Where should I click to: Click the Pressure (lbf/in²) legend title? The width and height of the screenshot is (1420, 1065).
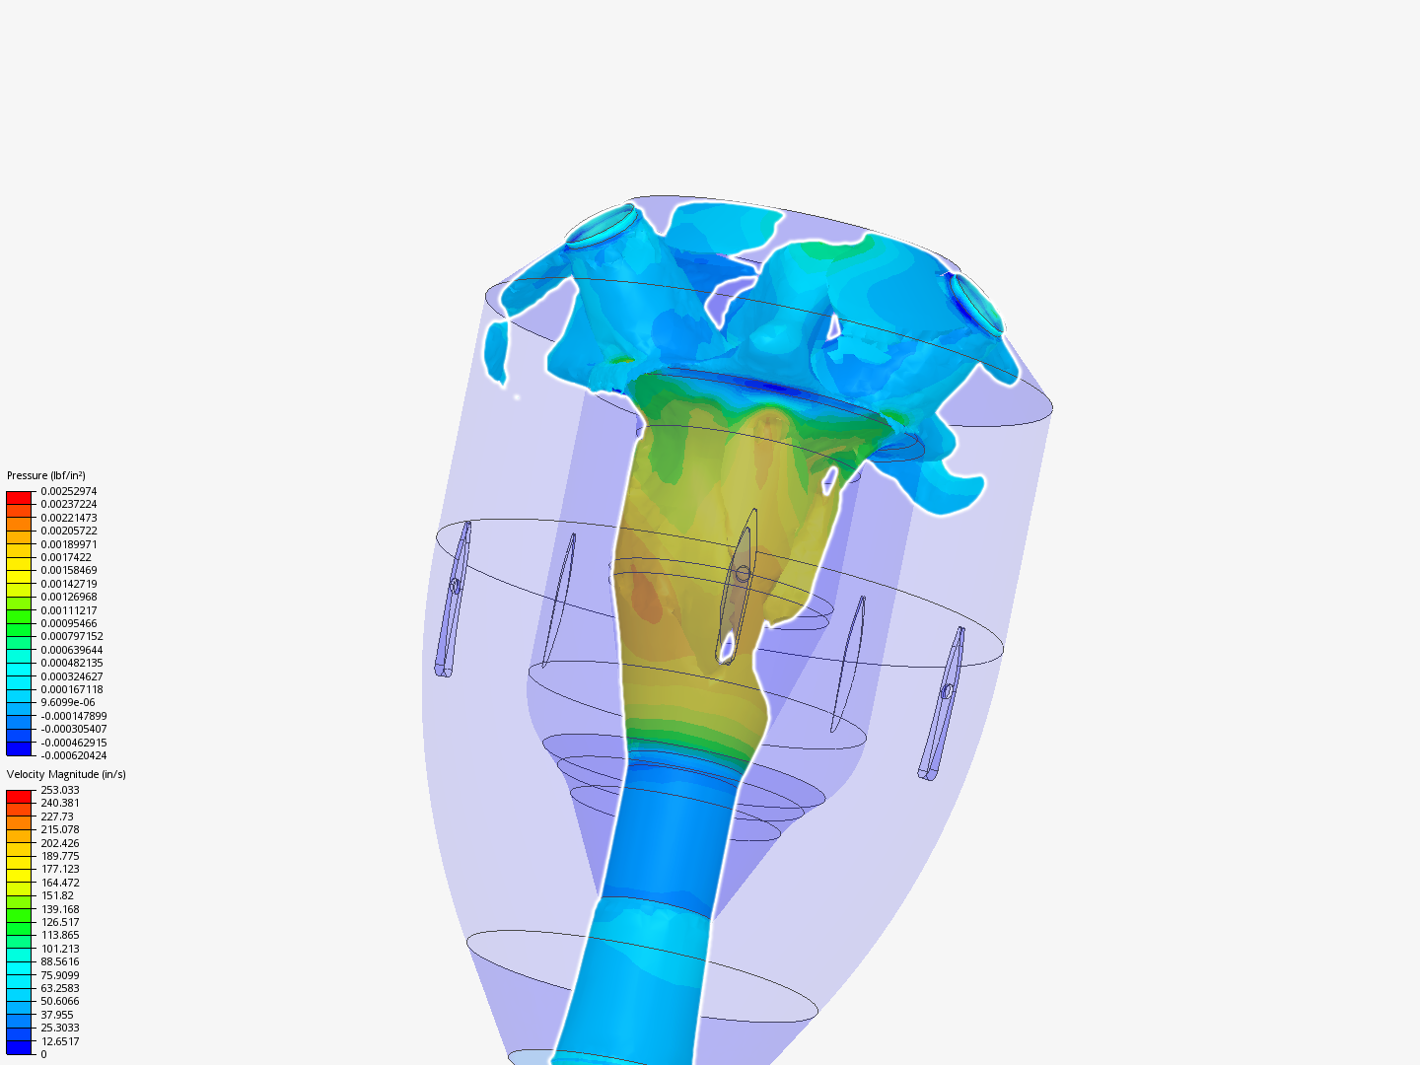(46, 475)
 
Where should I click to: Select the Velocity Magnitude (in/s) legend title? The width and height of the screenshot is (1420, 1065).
(66, 774)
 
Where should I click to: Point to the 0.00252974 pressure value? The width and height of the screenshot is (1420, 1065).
(69, 491)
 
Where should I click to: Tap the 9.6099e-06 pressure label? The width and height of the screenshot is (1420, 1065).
(68, 702)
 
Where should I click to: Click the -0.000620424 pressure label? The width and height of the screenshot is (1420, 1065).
(74, 755)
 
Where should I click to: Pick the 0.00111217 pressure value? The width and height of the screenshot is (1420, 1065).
(69, 610)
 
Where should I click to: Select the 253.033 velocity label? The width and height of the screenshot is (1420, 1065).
(60, 790)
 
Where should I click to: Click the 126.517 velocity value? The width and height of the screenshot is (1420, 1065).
(60, 922)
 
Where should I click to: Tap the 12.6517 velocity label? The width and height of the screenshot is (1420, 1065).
(60, 1041)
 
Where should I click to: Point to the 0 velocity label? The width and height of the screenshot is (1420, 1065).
(43, 1054)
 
